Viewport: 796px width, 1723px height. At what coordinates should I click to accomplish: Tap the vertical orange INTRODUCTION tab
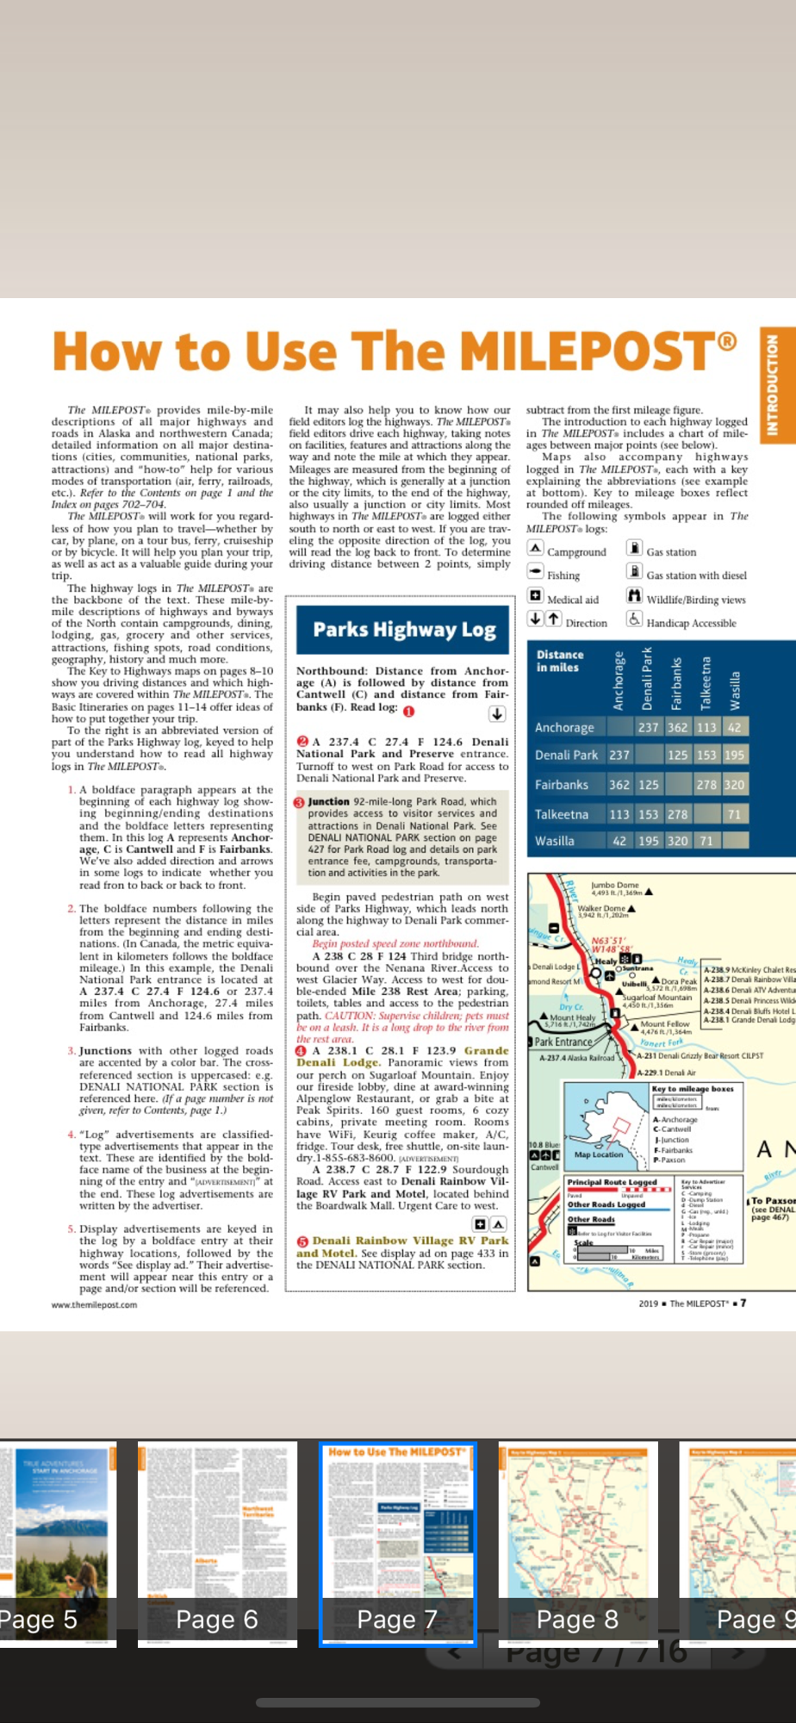point(773,385)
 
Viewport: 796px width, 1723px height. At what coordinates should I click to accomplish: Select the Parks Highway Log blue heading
point(403,630)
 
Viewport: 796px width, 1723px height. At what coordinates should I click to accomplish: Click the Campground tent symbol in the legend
point(535,549)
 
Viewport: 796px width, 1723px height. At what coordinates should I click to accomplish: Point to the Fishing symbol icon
point(535,572)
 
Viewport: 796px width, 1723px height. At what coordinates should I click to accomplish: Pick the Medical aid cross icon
point(535,596)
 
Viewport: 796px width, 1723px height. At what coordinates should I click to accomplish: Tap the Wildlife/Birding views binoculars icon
point(634,596)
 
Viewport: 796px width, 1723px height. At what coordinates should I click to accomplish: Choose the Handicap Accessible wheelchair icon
point(634,619)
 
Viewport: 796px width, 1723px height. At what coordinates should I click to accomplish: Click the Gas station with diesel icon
point(634,572)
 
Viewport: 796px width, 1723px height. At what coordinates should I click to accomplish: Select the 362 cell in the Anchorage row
point(678,727)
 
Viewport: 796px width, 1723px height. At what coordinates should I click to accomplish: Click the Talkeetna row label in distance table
point(562,814)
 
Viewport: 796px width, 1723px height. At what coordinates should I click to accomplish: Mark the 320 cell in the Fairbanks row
point(734,785)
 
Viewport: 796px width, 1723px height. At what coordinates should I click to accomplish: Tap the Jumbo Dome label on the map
point(615,885)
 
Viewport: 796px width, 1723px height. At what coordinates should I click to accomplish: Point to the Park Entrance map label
point(563,1042)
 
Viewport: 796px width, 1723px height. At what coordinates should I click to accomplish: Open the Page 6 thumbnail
point(217,1543)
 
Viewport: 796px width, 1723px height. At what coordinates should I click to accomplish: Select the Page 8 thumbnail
point(577,1543)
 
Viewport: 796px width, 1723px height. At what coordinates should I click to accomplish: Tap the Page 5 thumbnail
point(57,1543)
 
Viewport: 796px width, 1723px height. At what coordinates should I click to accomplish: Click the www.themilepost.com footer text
point(94,1304)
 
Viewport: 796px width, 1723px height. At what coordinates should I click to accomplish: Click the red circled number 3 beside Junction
point(300,802)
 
